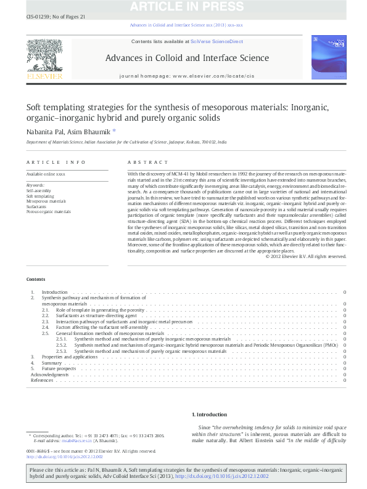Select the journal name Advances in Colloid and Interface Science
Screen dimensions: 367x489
(x=187, y=58)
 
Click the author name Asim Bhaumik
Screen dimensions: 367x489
(x=91, y=131)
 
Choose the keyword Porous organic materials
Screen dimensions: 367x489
(x=49, y=211)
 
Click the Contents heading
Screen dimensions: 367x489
(x=36, y=278)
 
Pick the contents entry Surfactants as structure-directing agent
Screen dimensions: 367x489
(x=97, y=315)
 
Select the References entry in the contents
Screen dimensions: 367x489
(x=42, y=380)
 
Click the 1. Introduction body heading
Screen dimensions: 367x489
(x=210, y=414)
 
